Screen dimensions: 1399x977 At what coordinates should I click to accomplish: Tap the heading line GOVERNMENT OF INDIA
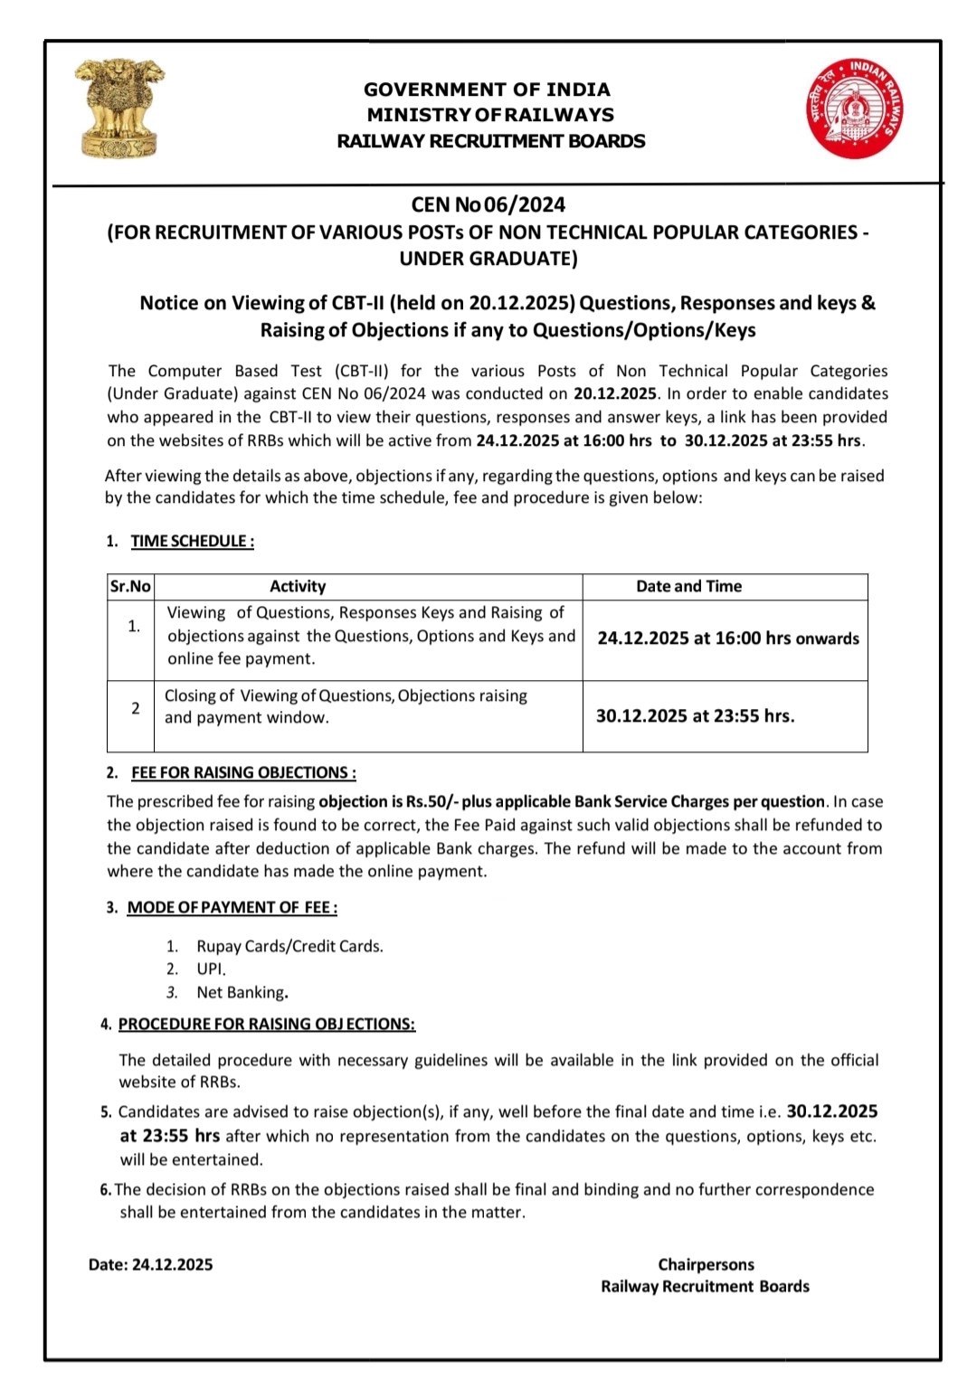click(487, 90)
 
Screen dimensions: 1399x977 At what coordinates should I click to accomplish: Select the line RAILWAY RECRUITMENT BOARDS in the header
click(490, 141)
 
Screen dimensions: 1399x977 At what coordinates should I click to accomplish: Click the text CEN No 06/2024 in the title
click(488, 204)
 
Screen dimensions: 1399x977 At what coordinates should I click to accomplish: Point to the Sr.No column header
click(130, 586)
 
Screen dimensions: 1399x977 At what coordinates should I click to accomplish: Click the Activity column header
click(297, 586)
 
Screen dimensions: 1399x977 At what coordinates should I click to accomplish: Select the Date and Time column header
click(688, 586)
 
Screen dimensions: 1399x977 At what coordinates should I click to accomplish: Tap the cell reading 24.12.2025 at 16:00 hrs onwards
click(727, 638)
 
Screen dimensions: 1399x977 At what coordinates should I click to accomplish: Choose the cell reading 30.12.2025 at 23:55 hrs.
click(695, 715)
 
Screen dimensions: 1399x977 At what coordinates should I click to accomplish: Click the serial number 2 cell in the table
click(135, 708)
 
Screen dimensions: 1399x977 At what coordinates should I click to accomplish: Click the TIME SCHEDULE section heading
click(192, 541)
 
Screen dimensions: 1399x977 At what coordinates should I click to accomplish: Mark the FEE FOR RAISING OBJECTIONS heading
click(242, 772)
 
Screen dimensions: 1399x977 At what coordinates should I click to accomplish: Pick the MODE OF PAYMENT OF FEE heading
click(232, 907)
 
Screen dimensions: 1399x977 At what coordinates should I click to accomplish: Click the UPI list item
click(211, 969)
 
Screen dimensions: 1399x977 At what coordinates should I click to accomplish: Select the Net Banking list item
click(242, 992)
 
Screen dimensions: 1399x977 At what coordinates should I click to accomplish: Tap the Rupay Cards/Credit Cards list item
click(289, 946)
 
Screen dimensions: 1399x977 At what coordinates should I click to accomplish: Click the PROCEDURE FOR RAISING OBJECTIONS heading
click(266, 1024)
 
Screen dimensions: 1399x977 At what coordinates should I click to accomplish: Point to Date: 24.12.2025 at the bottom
click(150, 1264)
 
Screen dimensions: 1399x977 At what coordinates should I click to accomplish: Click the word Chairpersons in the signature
click(706, 1264)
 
